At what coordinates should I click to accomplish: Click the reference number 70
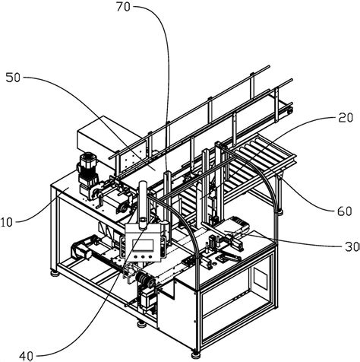click(123, 7)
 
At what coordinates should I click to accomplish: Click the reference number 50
click(13, 78)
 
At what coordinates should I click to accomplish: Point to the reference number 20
click(346, 118)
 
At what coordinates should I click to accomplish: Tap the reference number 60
click(345, 211)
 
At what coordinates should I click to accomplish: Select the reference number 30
click(352, 246)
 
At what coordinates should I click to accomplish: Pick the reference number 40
click(26, 356)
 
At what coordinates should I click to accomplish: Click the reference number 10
click(7, 222)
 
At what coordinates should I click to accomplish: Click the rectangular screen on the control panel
click(143, 245)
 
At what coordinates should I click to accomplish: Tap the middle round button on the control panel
click(143, 256)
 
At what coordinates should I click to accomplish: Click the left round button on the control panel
click(136, 256)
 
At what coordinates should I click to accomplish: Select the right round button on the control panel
click(150, 256)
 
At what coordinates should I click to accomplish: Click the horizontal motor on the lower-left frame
click(81, 249)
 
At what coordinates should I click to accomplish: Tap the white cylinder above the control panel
click(143, 204)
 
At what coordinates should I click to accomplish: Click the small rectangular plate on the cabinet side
click(261, 278)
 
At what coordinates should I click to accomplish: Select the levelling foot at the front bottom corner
click(196, 354)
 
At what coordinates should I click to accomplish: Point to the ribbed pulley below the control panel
click(142, 278)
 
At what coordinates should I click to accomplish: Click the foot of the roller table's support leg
click(279, 212)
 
